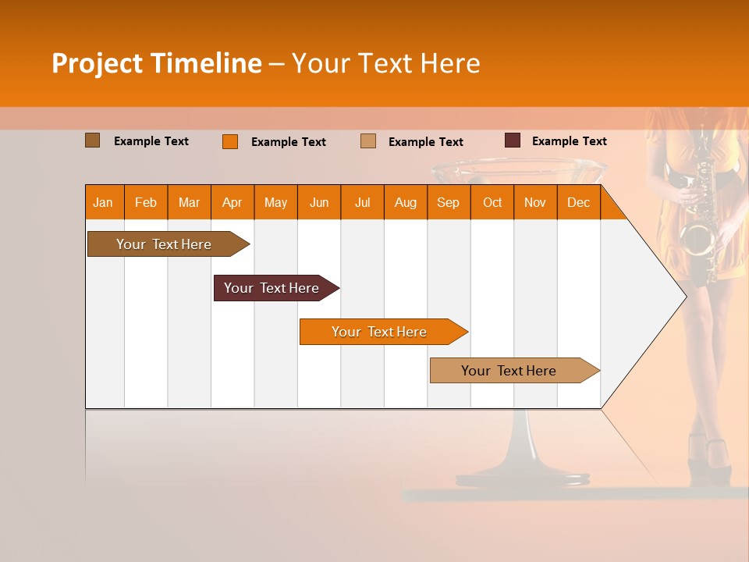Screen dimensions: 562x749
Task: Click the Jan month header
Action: (x=103, y=202)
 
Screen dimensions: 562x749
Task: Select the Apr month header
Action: (x=232, y=202)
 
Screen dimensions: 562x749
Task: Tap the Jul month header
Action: (x=362, y=202)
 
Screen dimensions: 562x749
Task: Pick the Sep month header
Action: (x=448, y=202)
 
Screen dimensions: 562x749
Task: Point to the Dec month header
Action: (x=578, y=202)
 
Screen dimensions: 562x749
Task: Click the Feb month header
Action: (x=146, y=202)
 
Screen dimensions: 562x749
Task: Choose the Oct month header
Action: (x=492, y=202)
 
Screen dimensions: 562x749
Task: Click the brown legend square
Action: (x=92, y=140)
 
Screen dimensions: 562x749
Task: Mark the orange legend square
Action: (x=229, y=141)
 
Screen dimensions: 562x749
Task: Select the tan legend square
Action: (x=367, y=141)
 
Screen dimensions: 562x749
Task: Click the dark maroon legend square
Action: (x=512, y=140)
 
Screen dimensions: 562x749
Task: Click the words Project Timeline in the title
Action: (x=156, y=63)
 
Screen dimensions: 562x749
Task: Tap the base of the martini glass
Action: (x=523, y=476)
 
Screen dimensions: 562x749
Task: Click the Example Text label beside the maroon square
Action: (x=569, y=141)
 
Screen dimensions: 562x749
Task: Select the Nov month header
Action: (x=535, y=202)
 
